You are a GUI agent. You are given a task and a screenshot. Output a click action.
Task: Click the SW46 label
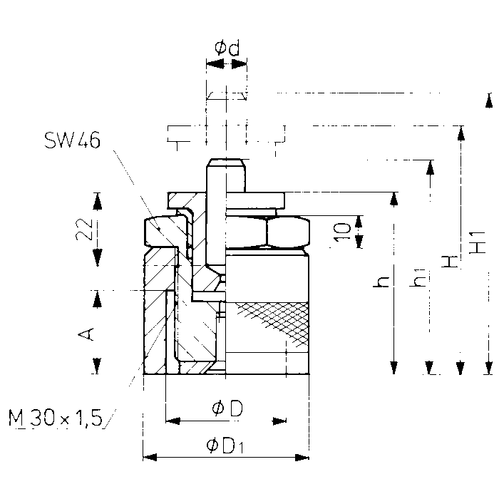(x=72, y=140)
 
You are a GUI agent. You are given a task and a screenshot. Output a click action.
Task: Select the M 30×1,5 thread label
(x=56, y=418)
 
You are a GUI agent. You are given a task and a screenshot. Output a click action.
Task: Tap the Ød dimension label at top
(x=227, y=48)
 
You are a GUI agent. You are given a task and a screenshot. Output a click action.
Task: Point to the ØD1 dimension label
(x=225, y=446)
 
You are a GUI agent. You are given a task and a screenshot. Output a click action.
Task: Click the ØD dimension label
(x=227, y=408)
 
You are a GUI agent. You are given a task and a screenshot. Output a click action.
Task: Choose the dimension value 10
(x=342, y=232)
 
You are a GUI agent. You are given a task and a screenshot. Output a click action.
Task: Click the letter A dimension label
(x=86, y=334)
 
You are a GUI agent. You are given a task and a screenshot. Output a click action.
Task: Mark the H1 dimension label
(x=478, y=242)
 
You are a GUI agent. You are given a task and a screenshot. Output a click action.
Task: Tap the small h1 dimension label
(x=417, y=278)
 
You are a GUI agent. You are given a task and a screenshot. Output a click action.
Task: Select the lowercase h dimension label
(x=381, y=282)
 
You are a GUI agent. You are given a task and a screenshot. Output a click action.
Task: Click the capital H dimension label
(x=449, y=262)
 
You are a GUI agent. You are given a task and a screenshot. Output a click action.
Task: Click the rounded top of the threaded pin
(x=226, y=163)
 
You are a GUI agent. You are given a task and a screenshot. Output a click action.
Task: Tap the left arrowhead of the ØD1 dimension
(x=150, y=458)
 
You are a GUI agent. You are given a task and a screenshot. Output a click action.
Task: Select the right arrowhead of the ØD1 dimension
(x=302, y=458)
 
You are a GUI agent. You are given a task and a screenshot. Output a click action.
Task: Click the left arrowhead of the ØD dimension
(x=173, y=421)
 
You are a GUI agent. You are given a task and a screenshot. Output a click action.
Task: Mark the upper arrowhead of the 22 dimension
(x=98, y=201)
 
